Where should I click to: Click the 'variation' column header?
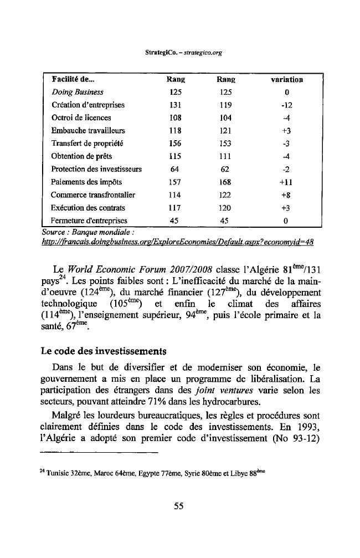coord(286,80)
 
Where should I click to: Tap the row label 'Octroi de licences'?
coord(81,118)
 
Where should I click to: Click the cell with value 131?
coord(175,105)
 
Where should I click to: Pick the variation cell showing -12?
coord(286,105)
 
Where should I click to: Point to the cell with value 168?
coord(225,182)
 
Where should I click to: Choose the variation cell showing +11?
coord(286,182)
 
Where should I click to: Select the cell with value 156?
coord(175,144)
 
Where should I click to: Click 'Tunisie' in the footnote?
coord(60,473)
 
